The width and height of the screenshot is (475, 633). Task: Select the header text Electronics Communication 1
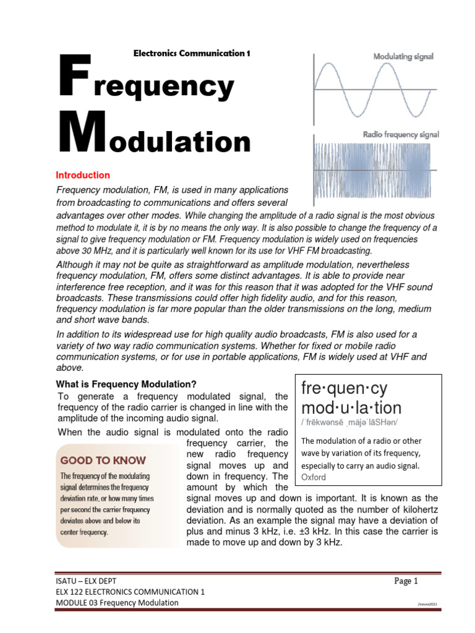pyautogui.click(x=192, y=53)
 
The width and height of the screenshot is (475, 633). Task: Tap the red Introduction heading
pyautogui.click(x=83, y=175)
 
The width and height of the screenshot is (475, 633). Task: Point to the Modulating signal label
pyautogui.click(x=403, y=56)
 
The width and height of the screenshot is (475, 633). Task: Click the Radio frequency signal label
pyautogui.click(x=401, y=134)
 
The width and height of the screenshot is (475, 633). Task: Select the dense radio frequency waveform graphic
pyautogui.click(x=376, y=171)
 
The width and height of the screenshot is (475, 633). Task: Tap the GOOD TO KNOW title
pyautogui.click(x=103, y=460)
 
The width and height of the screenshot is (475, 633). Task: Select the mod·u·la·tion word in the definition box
pyautogui.click(x=351, y=407)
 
